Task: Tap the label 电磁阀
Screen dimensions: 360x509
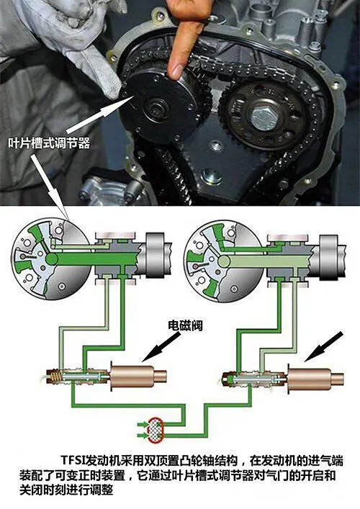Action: pyautogui.click(x=185, y=325)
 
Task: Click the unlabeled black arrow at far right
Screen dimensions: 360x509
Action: pyautogui.click(x=323, y=347)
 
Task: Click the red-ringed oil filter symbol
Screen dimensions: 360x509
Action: pyautogui.click(x=156, y=431)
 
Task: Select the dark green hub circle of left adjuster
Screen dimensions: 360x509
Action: pyautogui.click(x=52, y=258)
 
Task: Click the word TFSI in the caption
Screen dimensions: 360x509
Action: pyautogui.click(x=72, y=461)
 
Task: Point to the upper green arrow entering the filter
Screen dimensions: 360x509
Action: pyautogui.click(x=142, y=424)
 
